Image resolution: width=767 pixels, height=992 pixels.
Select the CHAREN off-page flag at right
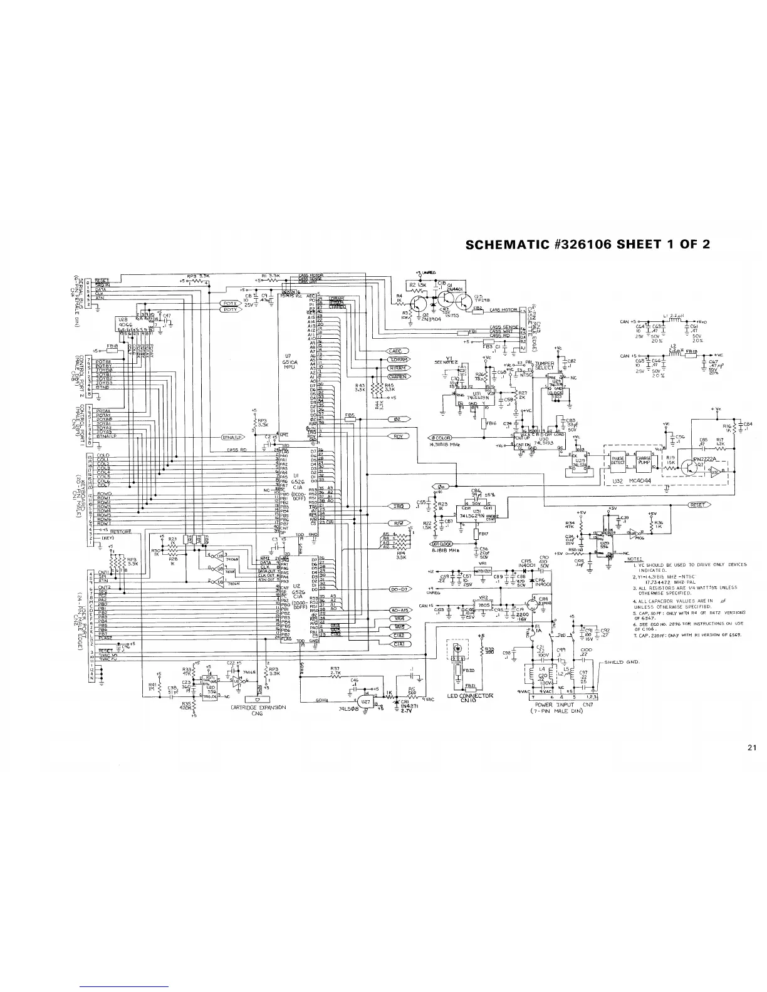396,377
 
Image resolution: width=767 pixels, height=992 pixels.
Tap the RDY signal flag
397,436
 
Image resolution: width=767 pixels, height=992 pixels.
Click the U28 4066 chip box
124,324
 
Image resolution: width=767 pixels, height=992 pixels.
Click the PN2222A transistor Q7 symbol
694,464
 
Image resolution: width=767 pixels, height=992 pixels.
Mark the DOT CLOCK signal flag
441,543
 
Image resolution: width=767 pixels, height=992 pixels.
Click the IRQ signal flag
397,506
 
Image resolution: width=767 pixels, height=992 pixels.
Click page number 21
753,747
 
